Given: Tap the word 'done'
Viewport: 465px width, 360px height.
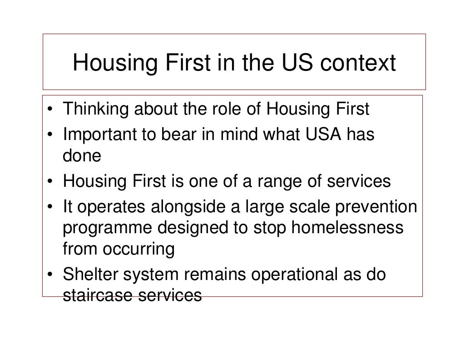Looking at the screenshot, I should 81,157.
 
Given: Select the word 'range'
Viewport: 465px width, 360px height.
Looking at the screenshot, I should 281,181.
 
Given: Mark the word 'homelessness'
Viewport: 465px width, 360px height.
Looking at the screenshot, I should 347,227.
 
